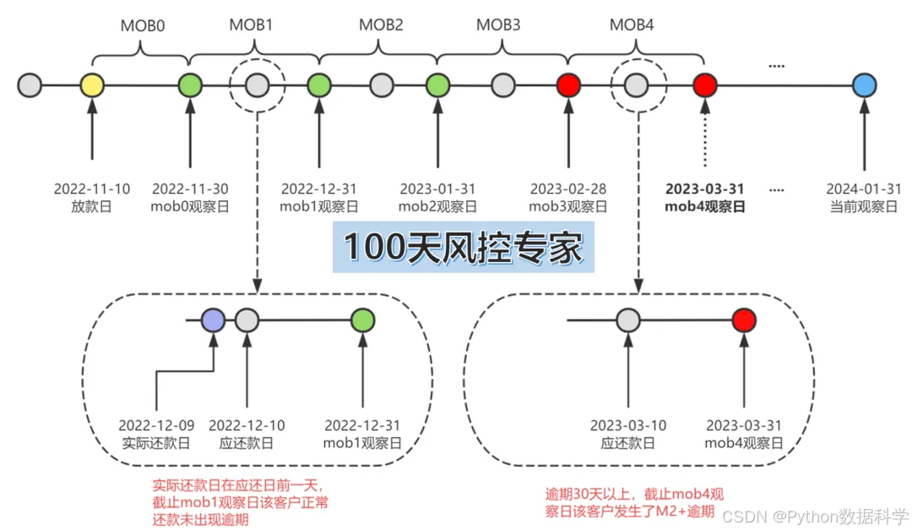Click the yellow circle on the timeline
pyautogui.click(x=92, y=85)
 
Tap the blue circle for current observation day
pyautogui.click(x=864, y=85)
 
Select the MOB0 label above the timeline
pyautogui.click(x=142, y=25)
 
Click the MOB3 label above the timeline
pyautogui.click(x=498, y=25)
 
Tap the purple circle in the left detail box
pyautogui.click(x=214, y=320)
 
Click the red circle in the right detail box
pyautogui.click(x=744, y=320)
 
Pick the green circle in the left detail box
pyautogui.click(x=363, y=320)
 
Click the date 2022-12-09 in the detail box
pyautogui.click(x=157, y=424)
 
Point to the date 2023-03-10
pyautogui.click(x=628, y=424)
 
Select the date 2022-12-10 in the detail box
pyautogui.click(x=246, y=424)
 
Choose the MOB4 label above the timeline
pyautogui.click(x=632, y=25)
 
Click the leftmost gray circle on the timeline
pyautogui.click(x=30, y=85)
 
